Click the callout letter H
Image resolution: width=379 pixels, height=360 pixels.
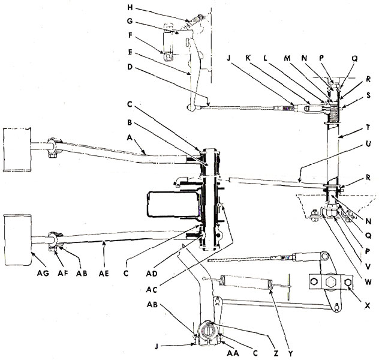130,8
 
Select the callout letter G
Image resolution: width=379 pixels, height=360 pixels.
130,21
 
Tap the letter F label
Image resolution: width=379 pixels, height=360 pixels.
130,35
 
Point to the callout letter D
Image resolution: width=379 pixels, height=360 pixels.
130,67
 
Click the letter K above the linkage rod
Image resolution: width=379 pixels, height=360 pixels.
248,58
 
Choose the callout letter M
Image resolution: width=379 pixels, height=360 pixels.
287,58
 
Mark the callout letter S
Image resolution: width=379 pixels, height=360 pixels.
368,95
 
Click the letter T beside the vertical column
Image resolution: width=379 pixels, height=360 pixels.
368,127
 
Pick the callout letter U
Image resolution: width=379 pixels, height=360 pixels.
368,144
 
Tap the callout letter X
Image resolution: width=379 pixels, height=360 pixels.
367,305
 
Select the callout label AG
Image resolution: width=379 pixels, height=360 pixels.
43,273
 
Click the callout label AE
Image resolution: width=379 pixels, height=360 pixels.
104,274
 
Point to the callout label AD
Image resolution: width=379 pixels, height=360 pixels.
152,274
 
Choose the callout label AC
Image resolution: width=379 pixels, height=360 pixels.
152,289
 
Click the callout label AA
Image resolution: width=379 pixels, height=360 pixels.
233,353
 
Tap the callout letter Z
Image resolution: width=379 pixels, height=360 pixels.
276,353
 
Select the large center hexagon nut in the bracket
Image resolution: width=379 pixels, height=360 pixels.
330,281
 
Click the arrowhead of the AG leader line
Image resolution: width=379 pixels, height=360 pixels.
32,253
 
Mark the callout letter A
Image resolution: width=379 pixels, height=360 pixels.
130,137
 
